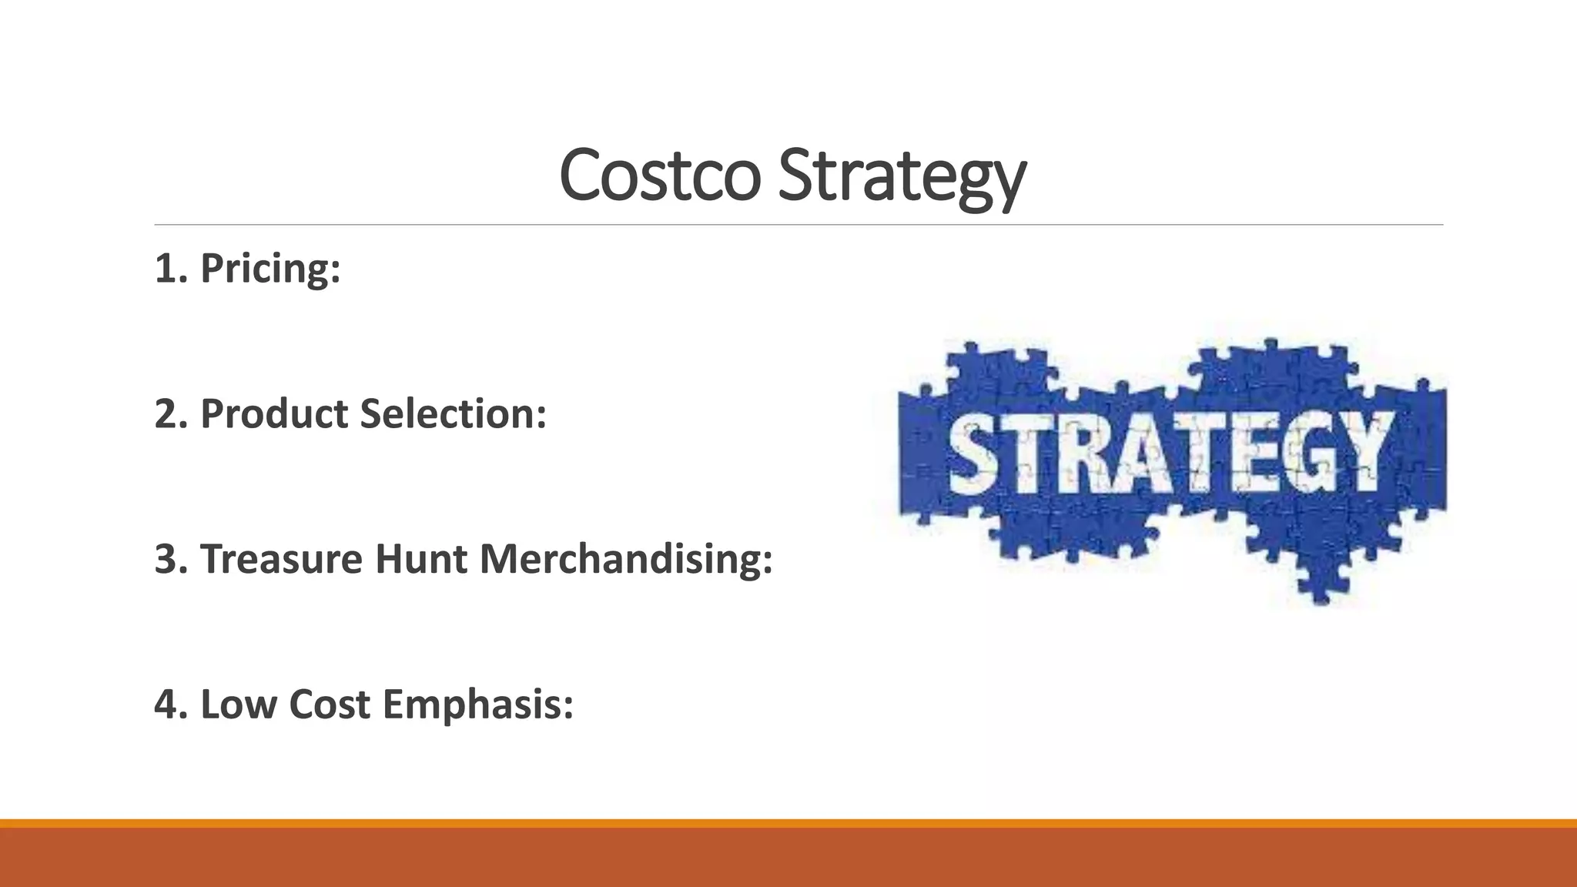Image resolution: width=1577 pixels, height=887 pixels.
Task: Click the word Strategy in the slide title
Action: point(902,176)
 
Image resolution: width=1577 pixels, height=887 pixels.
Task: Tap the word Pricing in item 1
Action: point(270,269)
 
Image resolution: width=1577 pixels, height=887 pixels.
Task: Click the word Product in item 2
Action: point(275,414)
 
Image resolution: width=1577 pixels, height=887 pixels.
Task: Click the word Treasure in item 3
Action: point(281,559)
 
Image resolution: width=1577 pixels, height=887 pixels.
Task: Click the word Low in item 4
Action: point(238,705)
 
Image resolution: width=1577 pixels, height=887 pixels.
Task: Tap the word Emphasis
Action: point(477,705)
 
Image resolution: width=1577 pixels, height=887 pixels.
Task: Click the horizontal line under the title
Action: point(799,225)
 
